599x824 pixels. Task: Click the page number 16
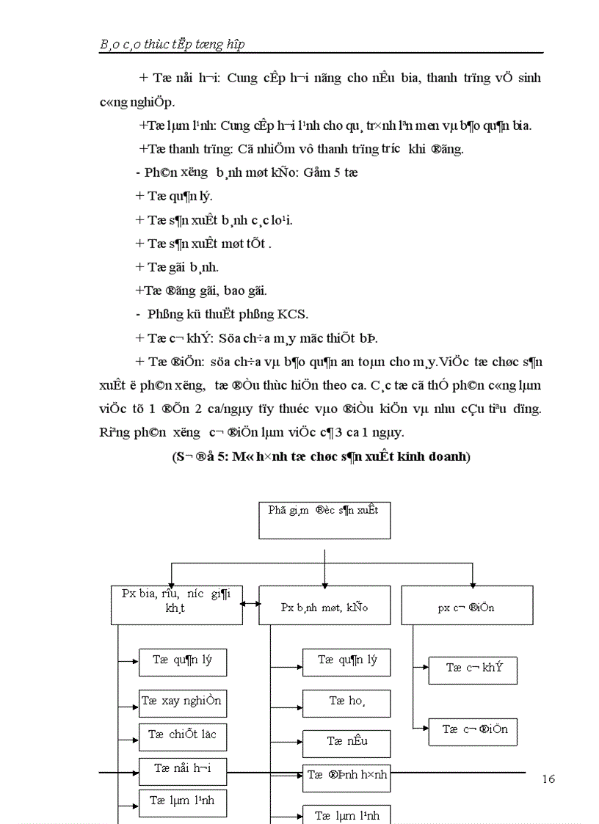[548, 779]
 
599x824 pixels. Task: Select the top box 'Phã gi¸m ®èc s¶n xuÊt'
[324, 519]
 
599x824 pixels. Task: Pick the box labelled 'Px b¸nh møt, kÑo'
[324, 606]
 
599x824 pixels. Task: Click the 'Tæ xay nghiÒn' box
[182, 702]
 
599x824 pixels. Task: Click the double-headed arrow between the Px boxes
[250, 603]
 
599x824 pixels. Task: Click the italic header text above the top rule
[172, 44]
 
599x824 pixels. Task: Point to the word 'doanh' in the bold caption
[447, 456]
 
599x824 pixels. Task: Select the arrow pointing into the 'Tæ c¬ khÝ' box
[421, 667]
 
